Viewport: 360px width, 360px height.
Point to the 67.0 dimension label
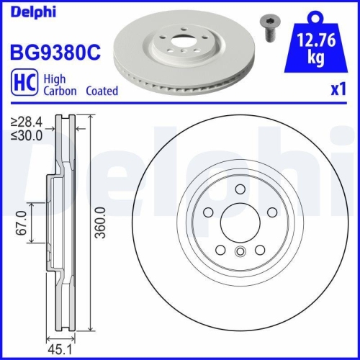[x=21, y=224]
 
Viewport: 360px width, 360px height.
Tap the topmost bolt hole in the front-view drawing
[x=239, y=189]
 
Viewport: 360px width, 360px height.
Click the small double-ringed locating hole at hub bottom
[x=240, y=252]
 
